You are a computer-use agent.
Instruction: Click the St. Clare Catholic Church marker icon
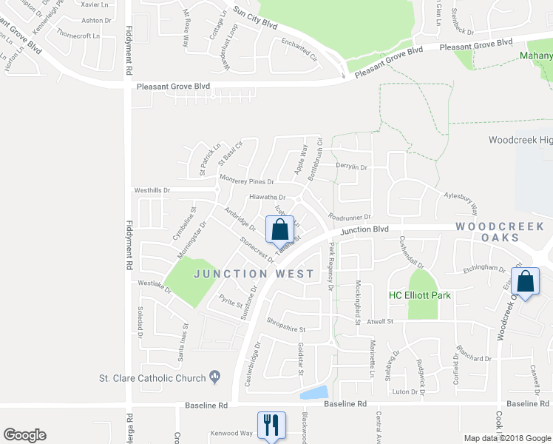[215, 377]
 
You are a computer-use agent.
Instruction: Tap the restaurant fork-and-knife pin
[270, 425]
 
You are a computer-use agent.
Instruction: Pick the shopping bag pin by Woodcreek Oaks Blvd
[526, 282]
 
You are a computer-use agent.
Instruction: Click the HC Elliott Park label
[420, 295]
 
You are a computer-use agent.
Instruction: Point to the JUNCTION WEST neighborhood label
[254, 273]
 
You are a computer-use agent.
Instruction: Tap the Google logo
[24, 435]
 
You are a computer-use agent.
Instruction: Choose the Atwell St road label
[381, 322]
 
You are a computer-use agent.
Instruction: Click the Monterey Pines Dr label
[247, 180]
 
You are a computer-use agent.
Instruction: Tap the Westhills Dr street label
[152, 190]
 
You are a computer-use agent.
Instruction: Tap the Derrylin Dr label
[351, 167]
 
